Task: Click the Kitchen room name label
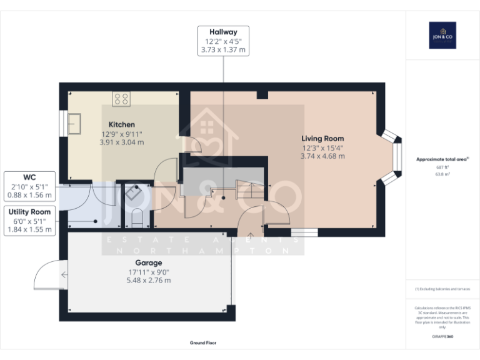(x=121, y=124)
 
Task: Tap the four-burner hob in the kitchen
(x=121, y=98)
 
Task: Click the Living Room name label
(x=322, y=138)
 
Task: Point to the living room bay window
(x=391, y=157)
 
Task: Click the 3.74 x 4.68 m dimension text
(x=322, y=156)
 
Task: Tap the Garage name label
(x=148, y=262)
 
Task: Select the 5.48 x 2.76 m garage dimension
(x=148, y=280)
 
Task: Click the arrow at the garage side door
(x=64, y=274)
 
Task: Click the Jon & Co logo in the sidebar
(x=442, y=35)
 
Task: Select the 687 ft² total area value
(x=442, y=167)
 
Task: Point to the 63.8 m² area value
(x=442, y=175)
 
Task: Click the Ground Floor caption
(x=204, y=343)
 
